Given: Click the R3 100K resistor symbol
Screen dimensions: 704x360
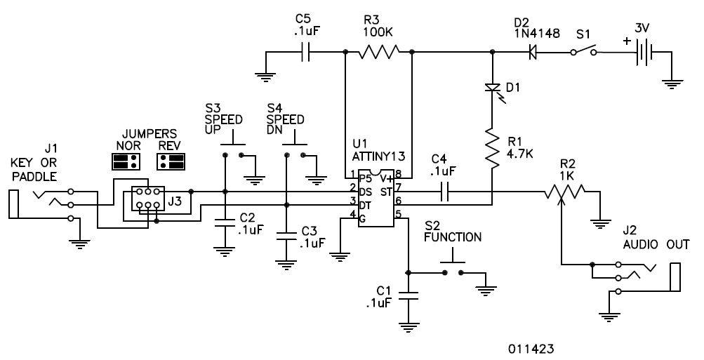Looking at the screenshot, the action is point(378,52).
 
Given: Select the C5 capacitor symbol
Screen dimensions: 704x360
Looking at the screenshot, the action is point(305,52).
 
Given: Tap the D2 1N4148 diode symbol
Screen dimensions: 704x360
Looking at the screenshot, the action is point(533,53).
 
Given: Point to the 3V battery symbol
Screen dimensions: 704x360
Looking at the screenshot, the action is point(644,52).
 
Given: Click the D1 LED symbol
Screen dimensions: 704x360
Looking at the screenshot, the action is point(493,88).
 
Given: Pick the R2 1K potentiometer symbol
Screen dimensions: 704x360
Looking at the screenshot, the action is point(564,192).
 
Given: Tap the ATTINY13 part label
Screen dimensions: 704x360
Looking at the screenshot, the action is point(379,156).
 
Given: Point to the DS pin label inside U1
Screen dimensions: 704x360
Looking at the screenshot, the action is point(366,192).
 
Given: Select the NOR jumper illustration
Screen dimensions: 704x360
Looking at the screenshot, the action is point(126,161).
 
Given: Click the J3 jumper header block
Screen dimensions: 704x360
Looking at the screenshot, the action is point(147,199).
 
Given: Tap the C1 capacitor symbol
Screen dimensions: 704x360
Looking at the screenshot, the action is point(408,296).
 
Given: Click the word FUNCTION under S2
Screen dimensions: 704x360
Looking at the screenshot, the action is point(453,237).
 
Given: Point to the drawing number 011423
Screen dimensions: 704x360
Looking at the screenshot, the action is point(531,349).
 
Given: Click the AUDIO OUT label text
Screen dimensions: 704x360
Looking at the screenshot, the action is point(656,245).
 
